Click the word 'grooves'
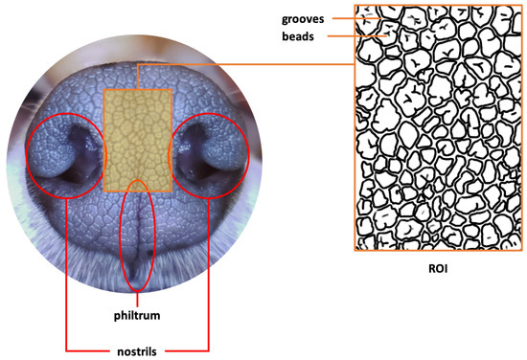304,17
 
